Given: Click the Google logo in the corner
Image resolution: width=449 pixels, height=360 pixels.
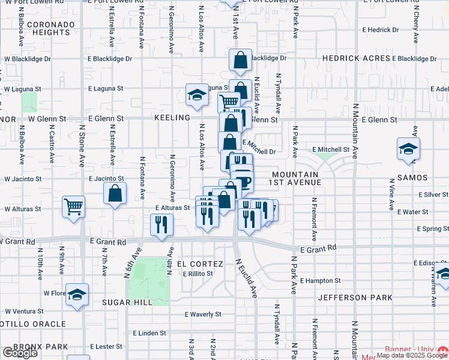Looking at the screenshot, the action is tap(20, 353).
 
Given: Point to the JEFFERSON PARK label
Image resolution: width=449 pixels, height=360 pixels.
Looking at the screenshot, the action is tap(355, 298).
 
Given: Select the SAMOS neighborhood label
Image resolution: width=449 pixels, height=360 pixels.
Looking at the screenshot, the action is tap(412, 178).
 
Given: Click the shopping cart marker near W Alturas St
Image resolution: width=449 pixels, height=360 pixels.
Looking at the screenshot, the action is tap(73, 207).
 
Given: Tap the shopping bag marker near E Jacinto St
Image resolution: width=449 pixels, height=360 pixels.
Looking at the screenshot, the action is tap(115, 194).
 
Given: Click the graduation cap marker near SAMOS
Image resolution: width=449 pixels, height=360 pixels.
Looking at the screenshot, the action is tap(408, 149).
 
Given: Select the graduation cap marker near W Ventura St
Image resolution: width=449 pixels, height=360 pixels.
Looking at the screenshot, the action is tap(77, 295).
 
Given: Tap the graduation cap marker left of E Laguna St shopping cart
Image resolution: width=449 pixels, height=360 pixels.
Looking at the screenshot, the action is tap(197, 94).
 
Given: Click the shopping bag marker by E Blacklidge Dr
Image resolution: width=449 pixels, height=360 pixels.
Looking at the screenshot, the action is tap(240, 60).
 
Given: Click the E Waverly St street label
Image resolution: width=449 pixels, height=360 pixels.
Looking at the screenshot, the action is tap(203, 314).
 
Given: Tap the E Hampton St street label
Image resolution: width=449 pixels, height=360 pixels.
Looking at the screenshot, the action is tap(320, 280).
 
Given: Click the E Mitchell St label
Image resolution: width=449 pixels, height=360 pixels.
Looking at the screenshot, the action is tap(331, 149).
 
